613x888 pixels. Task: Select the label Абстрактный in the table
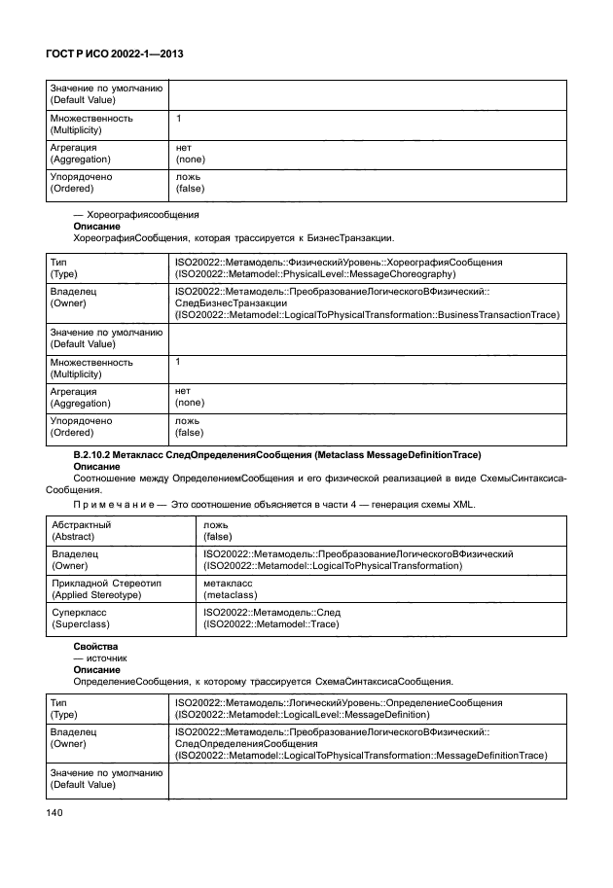click(80, 524)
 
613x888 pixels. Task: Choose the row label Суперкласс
click(81, 613)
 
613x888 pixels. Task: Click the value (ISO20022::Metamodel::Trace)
click(270, 624)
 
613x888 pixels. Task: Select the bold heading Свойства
click(95, 646)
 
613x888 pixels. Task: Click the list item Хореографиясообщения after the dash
click(142, 214)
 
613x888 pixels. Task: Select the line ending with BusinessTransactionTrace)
click(367, 315)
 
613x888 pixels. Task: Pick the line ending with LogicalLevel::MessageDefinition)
click(311, 712)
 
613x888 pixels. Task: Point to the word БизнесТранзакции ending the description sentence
click(351, 237)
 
